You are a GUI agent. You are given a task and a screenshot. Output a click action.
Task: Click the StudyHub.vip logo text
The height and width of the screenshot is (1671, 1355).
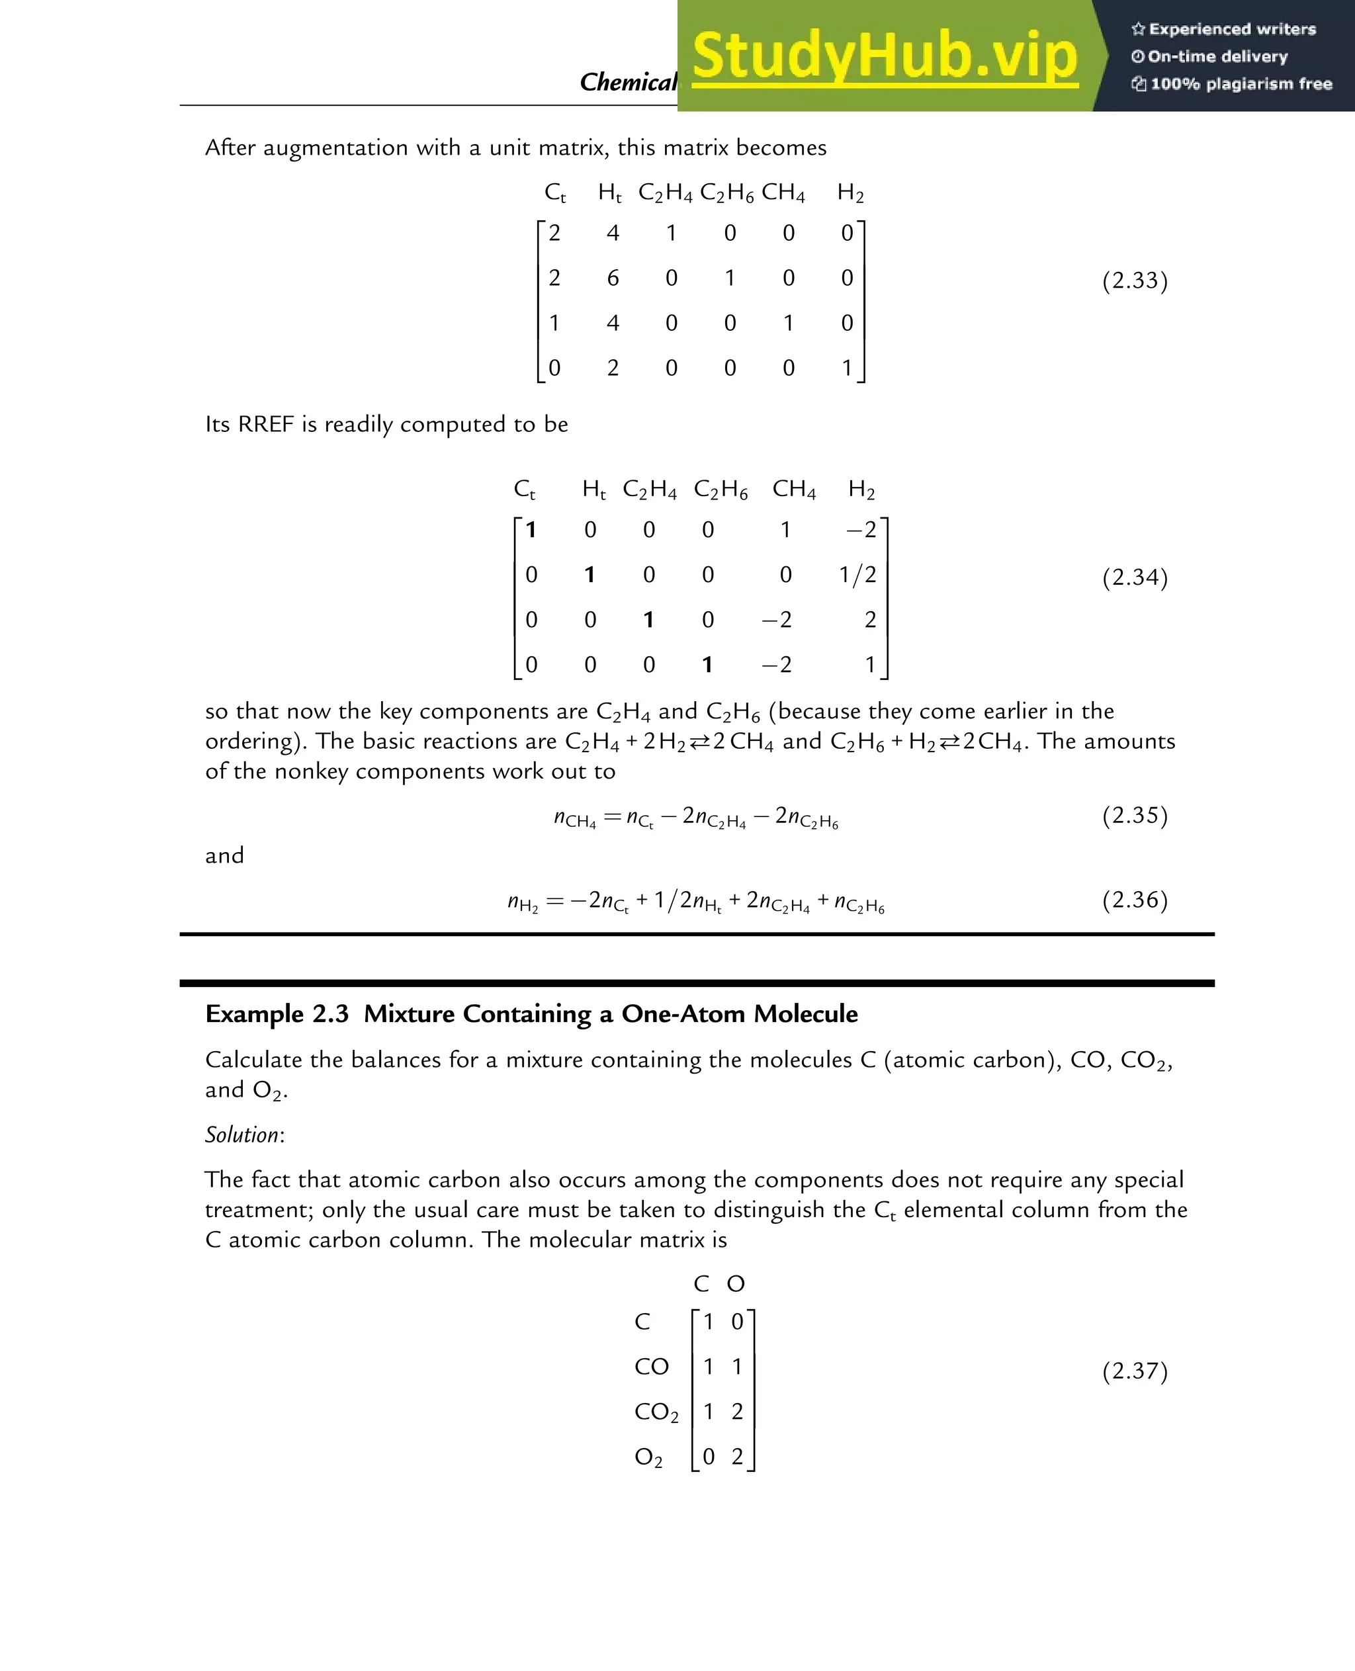click(885, 56)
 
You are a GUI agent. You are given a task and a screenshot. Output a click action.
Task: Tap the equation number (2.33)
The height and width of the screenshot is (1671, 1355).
click(1134, 280)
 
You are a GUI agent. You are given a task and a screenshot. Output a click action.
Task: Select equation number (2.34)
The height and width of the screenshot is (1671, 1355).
click(1134, 577)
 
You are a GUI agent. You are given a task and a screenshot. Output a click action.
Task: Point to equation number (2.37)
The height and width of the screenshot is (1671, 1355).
click(1134, 1371)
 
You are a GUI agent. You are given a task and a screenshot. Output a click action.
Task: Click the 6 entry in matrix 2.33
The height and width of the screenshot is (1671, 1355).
click(613, 278)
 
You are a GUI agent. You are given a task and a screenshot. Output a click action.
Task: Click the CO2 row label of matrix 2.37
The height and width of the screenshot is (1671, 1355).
click(656, 1412)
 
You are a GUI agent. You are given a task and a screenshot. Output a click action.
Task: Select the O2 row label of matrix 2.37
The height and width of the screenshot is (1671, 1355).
click(648, 1457)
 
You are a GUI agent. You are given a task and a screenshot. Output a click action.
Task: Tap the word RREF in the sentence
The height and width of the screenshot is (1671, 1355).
click(266, 425)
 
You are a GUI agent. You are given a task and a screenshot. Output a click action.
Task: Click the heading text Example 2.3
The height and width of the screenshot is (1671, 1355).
click(277, 1014)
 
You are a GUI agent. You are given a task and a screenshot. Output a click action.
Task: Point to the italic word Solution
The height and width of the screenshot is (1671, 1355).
click(242, 1135)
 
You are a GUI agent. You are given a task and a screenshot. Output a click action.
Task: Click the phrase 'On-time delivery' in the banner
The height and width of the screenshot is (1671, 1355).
click(1216, 57)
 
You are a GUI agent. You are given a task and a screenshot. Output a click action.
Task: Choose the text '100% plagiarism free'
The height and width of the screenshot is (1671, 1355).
click(1241, 84)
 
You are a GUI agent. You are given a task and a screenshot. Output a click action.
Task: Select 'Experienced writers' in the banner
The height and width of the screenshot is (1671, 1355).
click(1232, 30)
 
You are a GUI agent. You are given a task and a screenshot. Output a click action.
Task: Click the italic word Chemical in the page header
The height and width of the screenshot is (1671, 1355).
click(627, 82)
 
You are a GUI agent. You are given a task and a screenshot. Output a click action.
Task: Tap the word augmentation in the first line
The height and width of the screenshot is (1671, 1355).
click(335, 148)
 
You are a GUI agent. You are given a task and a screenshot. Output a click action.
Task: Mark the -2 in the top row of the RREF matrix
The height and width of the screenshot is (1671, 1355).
click(861, 530)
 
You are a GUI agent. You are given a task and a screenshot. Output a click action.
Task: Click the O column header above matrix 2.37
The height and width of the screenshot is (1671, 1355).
click(735, 1285)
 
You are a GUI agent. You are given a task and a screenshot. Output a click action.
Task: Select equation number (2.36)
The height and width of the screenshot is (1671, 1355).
click(1134, 900)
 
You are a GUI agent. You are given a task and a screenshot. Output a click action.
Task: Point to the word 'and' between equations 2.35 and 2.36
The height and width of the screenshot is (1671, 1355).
click(224, 856)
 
